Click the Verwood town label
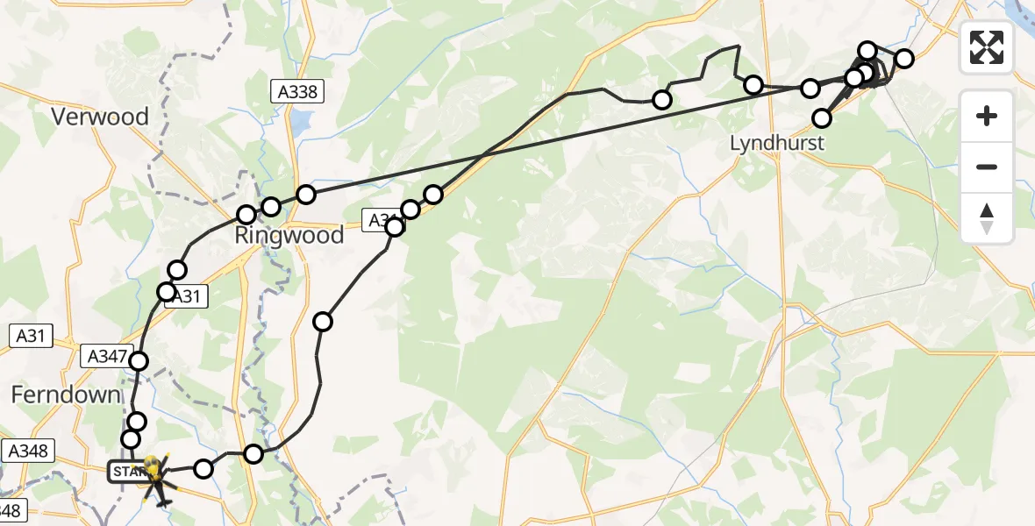pyautogui.click(x=99, y=117)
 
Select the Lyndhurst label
pyautogui.click(x=777, y=143)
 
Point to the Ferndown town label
pyautogui.click(x=65, y=394)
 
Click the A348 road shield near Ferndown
pyautogui.click(x=29, y=451)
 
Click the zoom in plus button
pyautogui.click(x=987, y=116)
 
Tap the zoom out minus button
pyautogui.click(x=987, y=167)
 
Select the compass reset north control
pyautogui.click(x=987, y=217)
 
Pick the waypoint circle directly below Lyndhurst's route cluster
pyautogui.click(x=822, y=117)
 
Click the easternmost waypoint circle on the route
pyautogui.click(x=904, y=59)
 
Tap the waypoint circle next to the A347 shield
pyautogui.click(x=138, y=360)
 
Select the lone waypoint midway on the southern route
pyautogui.click(x=323, y=322)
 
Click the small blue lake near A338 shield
pyautogui.click(x=301, y=123)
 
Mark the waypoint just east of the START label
pyautogui.click(x=203, y=469)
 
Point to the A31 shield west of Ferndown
pyautogui.click(x=29, y=336)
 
